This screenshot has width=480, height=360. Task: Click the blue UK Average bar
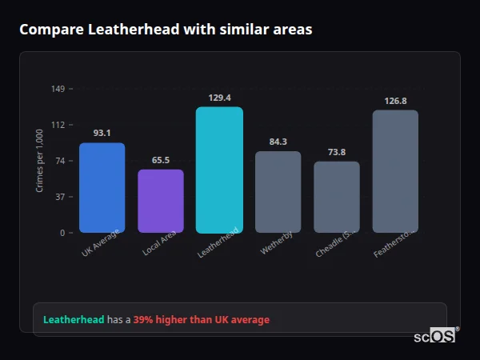[102, 187]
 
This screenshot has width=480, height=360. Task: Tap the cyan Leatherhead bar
[219, 170]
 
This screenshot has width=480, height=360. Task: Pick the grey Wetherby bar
[278, 191]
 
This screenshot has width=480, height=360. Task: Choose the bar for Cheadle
[337, 196]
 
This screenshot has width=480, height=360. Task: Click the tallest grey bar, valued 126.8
[395, 170]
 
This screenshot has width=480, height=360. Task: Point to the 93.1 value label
[102, 133]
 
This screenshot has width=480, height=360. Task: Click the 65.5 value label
[161, 160]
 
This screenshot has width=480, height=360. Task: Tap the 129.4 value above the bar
[219, 98]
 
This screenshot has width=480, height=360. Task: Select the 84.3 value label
[278, 142]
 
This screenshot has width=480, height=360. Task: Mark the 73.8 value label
[337, 152]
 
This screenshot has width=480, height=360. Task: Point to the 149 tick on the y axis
[58, 89]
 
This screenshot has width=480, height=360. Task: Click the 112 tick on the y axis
[58, 125]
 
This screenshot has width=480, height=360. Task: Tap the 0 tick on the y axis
[62, 233]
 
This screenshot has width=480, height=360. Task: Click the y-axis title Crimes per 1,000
[39, 160]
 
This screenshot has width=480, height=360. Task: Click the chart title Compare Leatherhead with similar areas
[166, 30]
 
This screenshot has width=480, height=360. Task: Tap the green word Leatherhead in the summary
[74, 320]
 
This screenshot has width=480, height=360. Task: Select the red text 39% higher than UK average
[202, 320]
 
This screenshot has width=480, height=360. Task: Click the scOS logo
[435, 336]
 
